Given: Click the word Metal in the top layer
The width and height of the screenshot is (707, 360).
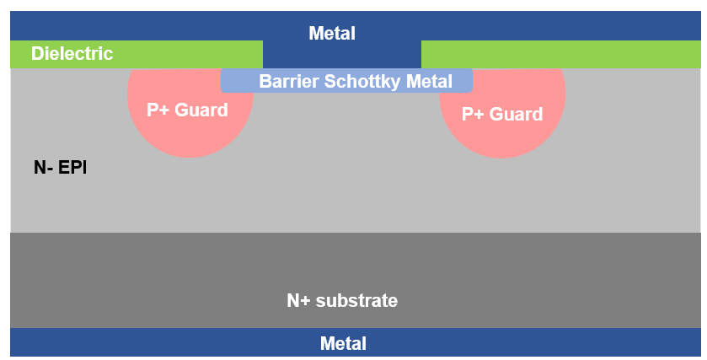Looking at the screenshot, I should [x=332, y=34].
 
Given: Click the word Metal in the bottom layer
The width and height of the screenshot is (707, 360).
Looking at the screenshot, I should [x=343, y=344].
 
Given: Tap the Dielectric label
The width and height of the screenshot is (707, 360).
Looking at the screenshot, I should [x=72, y=54].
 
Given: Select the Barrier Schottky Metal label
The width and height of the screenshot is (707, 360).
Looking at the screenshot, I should [x=356, y=82].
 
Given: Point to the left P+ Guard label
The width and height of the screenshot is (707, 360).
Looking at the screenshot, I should [x=187, y=110].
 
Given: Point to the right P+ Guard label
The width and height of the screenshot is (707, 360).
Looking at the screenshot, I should [x=502, y=114].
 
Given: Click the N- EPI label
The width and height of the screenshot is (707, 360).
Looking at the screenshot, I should [x=60, y=167].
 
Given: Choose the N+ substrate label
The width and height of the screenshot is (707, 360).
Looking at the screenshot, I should [x=342, y=300].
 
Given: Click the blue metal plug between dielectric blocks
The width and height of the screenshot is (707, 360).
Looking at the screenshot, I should [x=341, y=56].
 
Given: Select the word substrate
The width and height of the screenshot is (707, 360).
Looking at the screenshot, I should [x=356, y=300].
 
